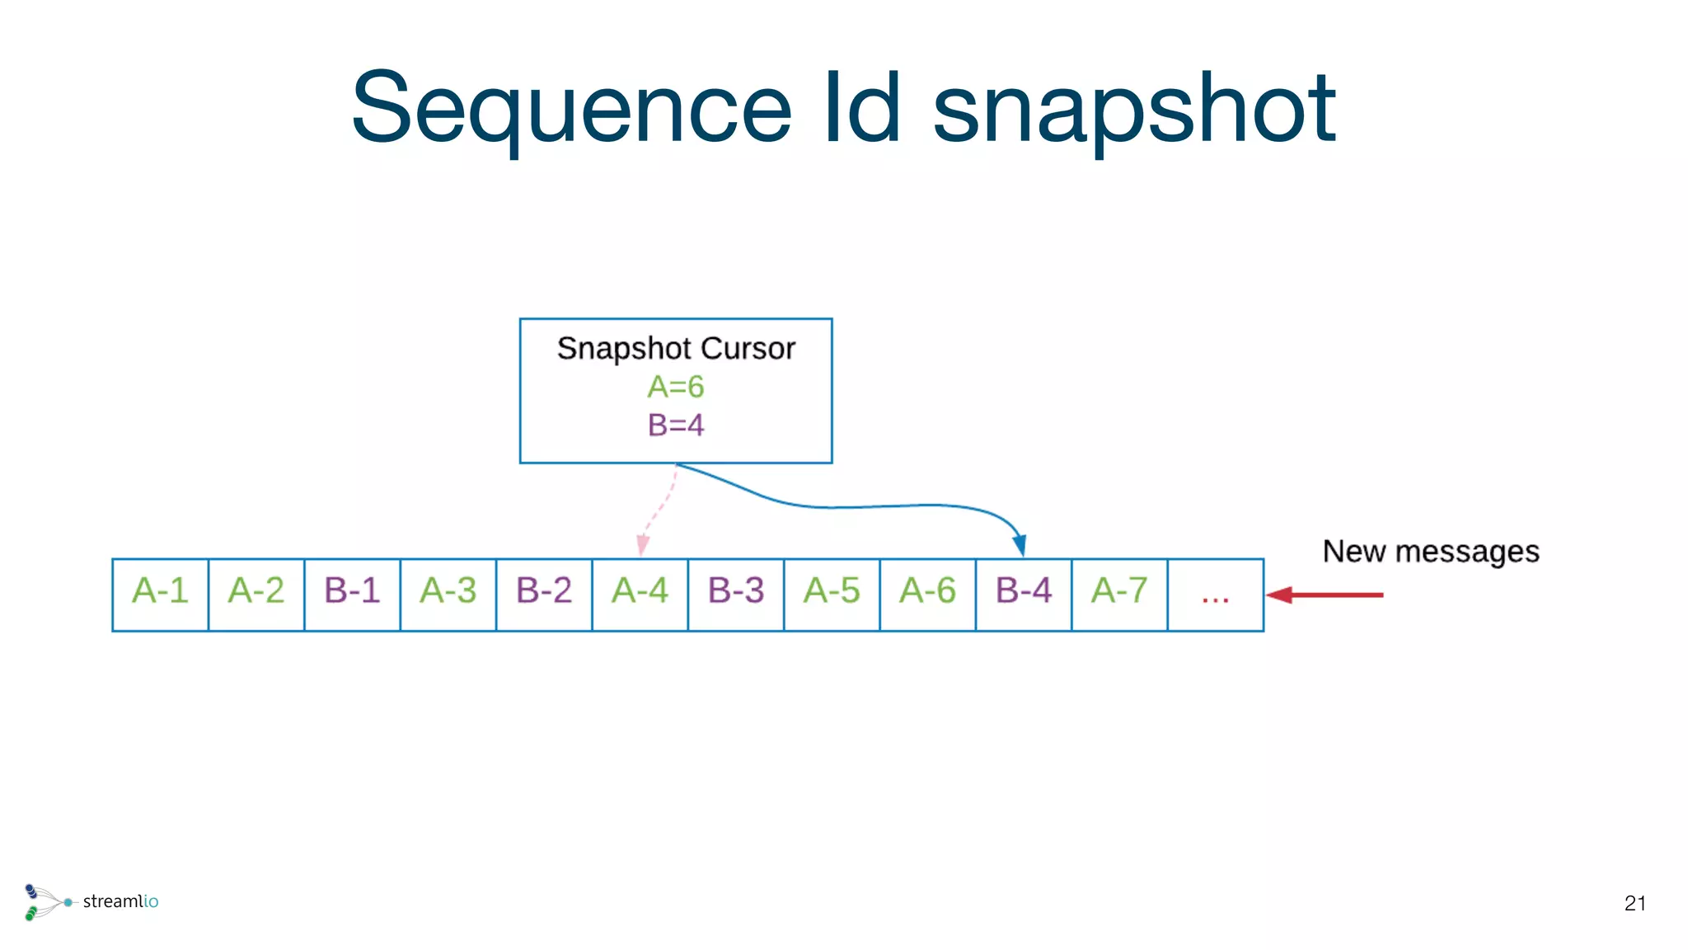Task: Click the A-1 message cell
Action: [x=161, y=594]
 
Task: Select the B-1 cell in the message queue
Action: [x=352, y=594]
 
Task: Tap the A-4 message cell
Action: [x=640, y=594]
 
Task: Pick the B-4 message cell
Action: [x=1024, y=594]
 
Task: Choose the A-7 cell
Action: [x=1119, y=594]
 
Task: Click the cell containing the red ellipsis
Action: [x=1215, y=595]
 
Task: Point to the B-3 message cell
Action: [x=736, y=594]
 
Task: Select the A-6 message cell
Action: [x=927, y=594]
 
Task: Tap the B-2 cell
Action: [x=544, y=594]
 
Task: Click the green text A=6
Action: [x=676, y=387]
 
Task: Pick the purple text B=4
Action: [x=676, y=426]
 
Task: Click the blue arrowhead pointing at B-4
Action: [x=1020, y=545]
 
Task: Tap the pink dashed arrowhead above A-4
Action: [x=643, y=545]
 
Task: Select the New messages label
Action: [x=1431, y=552]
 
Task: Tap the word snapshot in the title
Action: [x=1133, y=109]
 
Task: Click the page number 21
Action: [x=1635, y=904]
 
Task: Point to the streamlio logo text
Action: [x=120, y=901]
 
